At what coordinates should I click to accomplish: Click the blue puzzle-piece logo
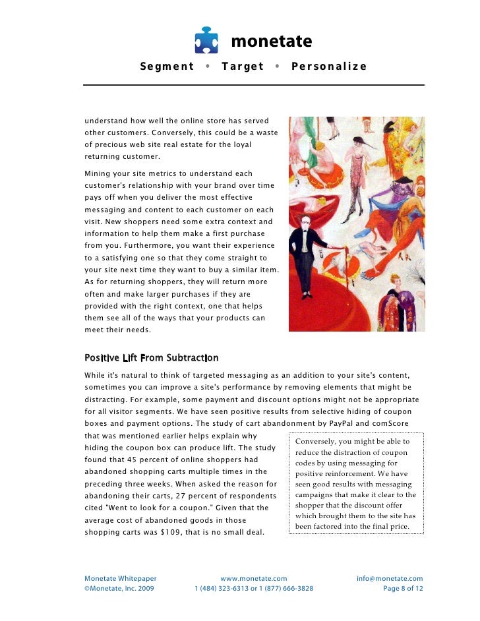pyautogui.click(x=206, y=41)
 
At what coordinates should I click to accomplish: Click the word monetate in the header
pyautogui.click(x=270, y=42)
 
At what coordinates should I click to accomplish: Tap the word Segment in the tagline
pyautogui.click(x=167, y=67)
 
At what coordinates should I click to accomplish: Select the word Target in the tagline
pyautogui.click(x=243, y=67)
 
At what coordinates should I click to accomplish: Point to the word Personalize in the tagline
pyautogui.click(x=328, y=67)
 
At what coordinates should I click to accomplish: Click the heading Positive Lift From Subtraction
pyautogui.click(x=151, y=358)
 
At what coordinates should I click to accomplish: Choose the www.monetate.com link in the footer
pyautogui.click(x=253, y=578)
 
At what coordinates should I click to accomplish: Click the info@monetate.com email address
pyautogui.click(x=390, y=578)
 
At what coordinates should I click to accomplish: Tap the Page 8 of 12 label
pyautogui.click(x=403, y=589)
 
